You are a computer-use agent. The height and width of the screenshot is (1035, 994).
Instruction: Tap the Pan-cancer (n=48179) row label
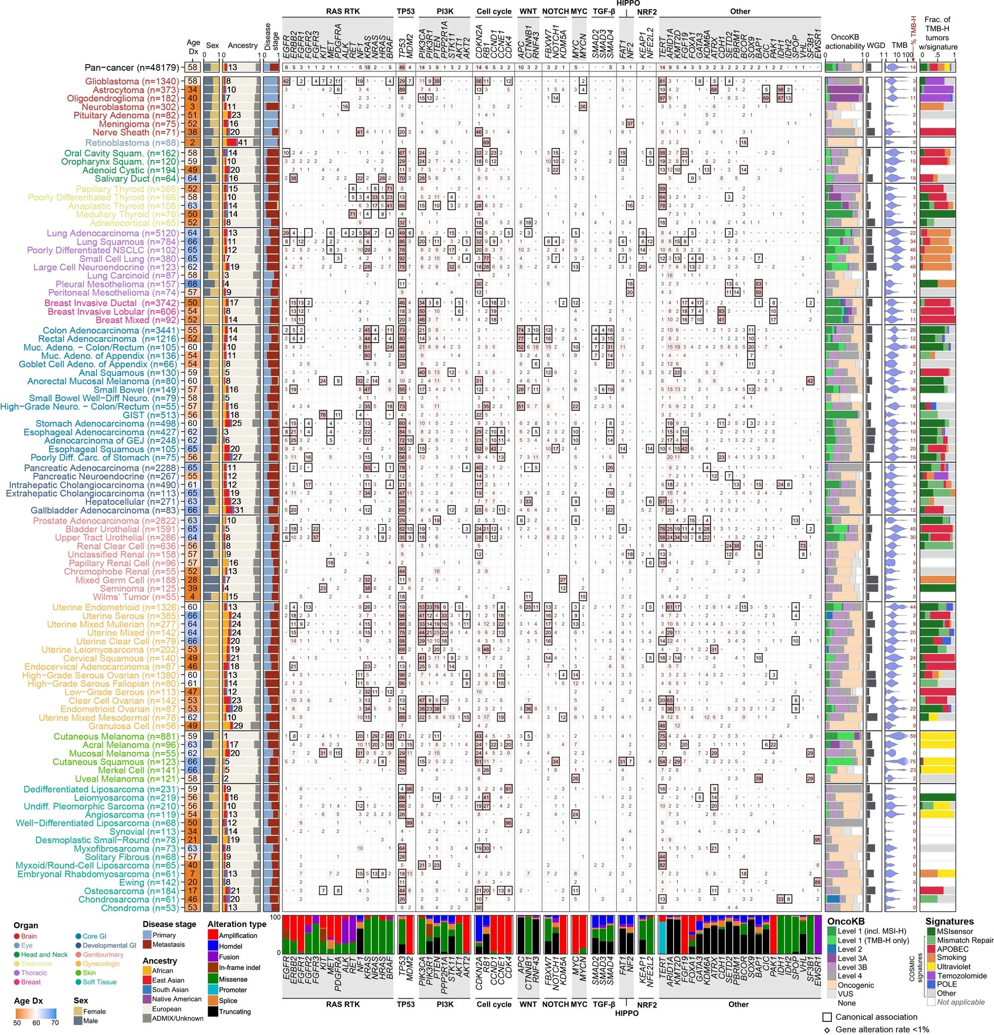[132, 68]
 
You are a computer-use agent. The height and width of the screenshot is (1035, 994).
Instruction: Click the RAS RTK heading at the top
[342, 11]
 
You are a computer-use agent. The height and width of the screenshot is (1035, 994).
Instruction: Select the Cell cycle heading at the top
[493, 11]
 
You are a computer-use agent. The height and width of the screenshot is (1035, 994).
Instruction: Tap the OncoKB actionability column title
[844, 42]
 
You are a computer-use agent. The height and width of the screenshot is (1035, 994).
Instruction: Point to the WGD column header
[876, 45]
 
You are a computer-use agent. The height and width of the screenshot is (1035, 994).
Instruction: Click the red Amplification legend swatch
[213, 935]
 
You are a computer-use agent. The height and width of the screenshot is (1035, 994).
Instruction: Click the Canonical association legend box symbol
[827, 1016]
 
